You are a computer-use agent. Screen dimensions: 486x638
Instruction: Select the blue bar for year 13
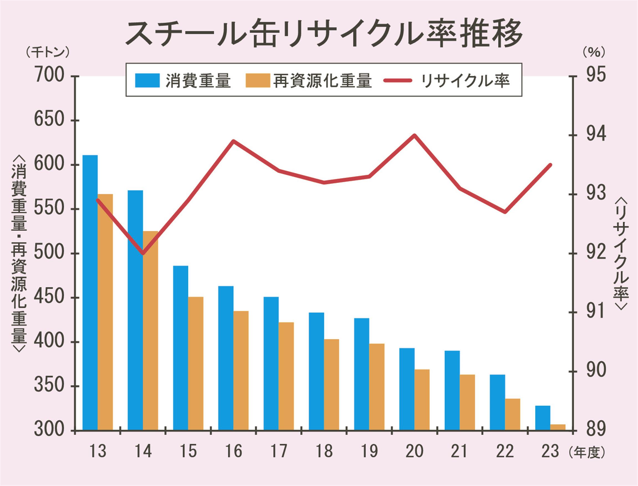pyautogui.click(x=90, y=292)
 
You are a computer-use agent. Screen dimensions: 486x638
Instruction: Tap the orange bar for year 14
pyautogui.click(x=150, y=330)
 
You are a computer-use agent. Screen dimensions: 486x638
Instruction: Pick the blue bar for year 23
pyautogui.click(x=543, y=418)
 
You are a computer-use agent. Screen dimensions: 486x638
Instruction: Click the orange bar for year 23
pyautogui.click(x=558, y=427)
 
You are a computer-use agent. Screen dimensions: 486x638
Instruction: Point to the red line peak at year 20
pyautogui.click(x=414, y=135)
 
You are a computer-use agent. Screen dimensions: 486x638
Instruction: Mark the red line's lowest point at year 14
pyautogui.click(x=143, y=253)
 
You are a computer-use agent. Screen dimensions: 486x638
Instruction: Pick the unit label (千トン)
pyautogui.click(x=48, y=53)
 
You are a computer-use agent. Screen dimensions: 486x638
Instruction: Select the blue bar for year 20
pyautogui.click(x=407, y=389)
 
